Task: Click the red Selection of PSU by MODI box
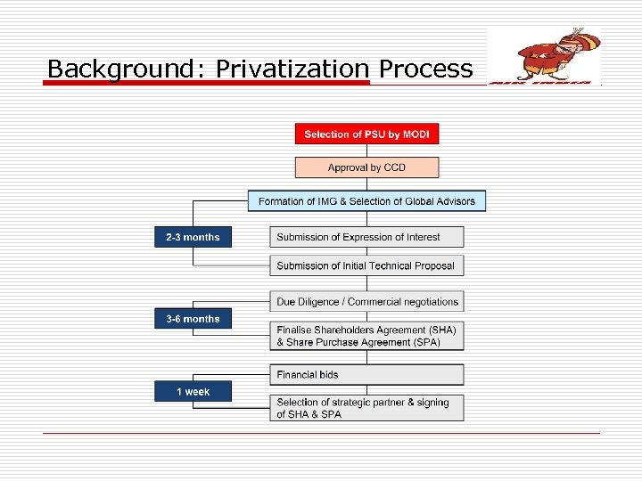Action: [x=366, y=135]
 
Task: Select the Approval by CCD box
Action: [x=366, y=167]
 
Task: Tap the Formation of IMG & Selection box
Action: [x=366, y=201]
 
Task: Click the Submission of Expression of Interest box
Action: [x=366, y=237]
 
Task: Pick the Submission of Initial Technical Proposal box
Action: [x=366, y=265]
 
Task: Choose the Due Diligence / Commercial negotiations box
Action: [x=366, y=302]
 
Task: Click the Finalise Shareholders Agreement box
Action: [x=366, y=336]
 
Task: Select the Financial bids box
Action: [x=366, y=375]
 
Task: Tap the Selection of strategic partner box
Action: [x=366, y=408]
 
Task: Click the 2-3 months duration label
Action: [x=193, y=237]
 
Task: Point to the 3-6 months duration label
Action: [x=193, y=319]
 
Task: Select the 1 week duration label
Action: [x=193, y=392]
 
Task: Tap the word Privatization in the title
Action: [x=292, y=69]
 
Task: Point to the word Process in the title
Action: [x=425, y=69]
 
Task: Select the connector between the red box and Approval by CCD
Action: [x=366, y=151]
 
